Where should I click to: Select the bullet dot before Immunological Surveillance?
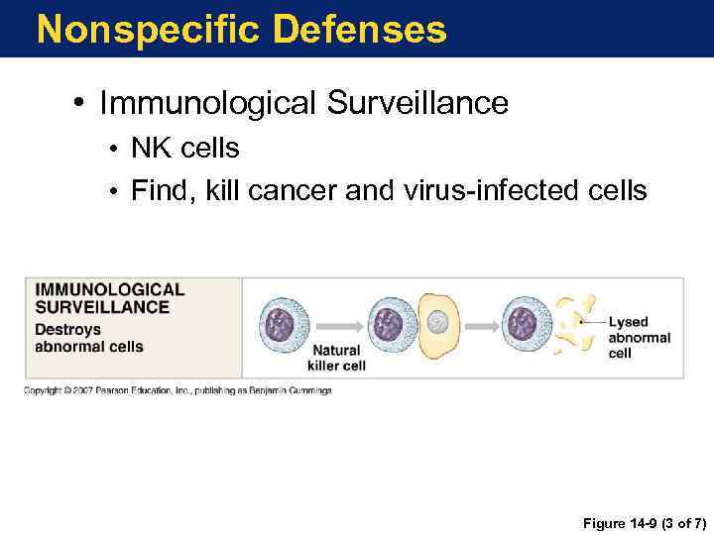pyautogui.click(x=84, y=103)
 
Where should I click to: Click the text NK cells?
pyautogui.click(x=185, y=149)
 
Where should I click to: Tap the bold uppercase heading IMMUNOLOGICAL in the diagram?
pyautogui.click(x=110, y=290)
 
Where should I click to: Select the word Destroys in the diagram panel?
pyautogui.click(x=68, y=329)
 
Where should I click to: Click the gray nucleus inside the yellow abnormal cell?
pyautogui.click(x=438, y=324)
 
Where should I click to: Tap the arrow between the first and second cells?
pyautogui.click(x=337, y=324)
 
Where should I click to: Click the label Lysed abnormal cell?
pyautogui.click(x=639, y=338)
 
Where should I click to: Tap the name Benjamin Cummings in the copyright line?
pyautogui.click(x=294, y=390)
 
